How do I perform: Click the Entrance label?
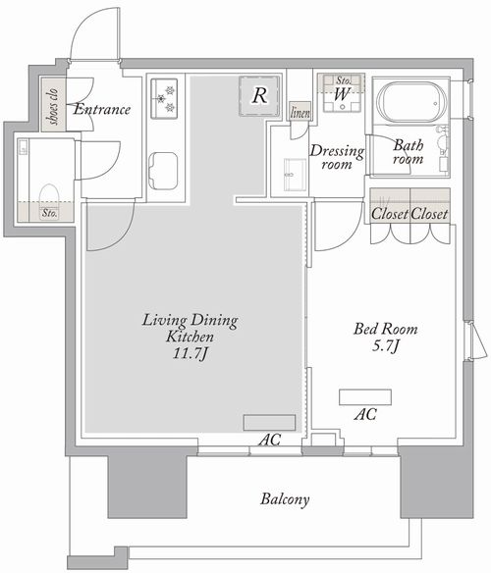(x=102, y=109)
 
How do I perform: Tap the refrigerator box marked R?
(x=260, y=96)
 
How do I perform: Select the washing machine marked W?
(x=342, y=93)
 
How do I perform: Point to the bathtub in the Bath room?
(x=412, y=102)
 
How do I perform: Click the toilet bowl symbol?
(x=49, y=197)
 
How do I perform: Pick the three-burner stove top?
(x=164, y=98)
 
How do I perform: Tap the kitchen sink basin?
(x=164, y=171)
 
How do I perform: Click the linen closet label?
(x=300, y=113)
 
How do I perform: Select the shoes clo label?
(x=53, y=106)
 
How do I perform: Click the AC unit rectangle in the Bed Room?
(x=365, y=397)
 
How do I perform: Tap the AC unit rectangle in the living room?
(x=270, y=423)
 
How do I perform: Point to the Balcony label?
(x=285, y=499)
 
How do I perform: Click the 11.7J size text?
(x=191, y=353)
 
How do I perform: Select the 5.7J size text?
(x=385, y=345)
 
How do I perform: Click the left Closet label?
(x=389, y=214)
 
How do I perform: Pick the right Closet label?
(x=429, y=214)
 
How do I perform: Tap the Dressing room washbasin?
(x=295, y=175)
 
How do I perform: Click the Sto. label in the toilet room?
(x=49, y=213)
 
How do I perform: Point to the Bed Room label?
(x=386, y=329)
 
